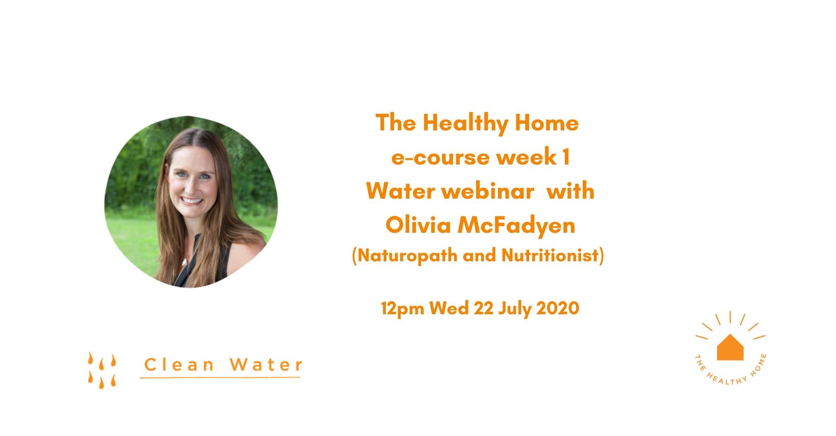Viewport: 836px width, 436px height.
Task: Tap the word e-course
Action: [x=440, y=157]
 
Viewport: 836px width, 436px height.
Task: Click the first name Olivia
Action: [x=418, y=225]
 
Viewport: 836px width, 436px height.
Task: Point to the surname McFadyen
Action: [x=516, y=226]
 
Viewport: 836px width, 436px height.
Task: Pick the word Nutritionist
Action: [x=550, y=255]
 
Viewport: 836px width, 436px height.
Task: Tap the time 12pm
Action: [x=402, y=309]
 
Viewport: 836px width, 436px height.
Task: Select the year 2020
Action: [x=558, y=308]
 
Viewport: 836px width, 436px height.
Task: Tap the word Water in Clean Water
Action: [x=266, y=365]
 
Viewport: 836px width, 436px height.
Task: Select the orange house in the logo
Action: [x=730, y=347]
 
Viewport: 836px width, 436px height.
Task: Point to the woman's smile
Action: [x=192, y=201]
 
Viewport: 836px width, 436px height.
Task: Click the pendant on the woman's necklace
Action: [x=185, y=262]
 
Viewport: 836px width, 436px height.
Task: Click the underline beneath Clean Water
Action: [x=220, y=378]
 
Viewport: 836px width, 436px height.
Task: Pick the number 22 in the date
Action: [x=483, y=308]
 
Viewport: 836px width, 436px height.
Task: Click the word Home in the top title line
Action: [x=547, y=123]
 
